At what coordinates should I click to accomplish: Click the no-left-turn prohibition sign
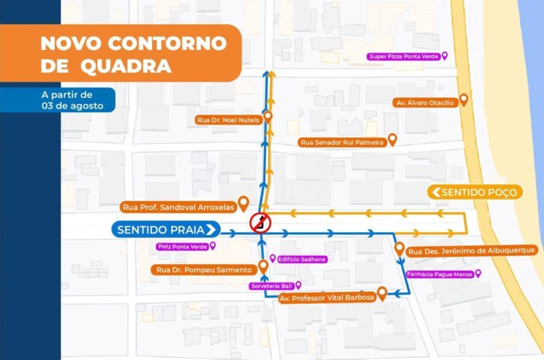pyautogui.click(x=260, y=223)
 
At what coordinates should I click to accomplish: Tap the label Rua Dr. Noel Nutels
pyautogui.click(x=228, y=120)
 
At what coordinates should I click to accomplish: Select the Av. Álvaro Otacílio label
pyautogui.click(x=424, y=102)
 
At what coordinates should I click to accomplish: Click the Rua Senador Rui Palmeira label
pyautogui.click(x=342, y=142)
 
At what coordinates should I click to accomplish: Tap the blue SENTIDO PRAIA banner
pyautogui.click(x=166, y=229)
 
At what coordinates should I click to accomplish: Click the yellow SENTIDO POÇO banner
pyautogui.click(x=474, y=192)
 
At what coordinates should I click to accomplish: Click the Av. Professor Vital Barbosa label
pyautogui.click(x=326, y=298)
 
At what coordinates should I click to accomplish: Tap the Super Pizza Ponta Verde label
pyautogui.click(x=404, y=57)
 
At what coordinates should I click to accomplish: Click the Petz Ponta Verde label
pyautogui.click(x=182, y=246)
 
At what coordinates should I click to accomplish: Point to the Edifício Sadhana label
pyautogui.click(x=302, y=259)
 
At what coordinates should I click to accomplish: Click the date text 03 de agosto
pyautogui.click(x=72, y=106)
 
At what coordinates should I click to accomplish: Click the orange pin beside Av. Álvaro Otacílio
pyautogui.click(x=463, y=99)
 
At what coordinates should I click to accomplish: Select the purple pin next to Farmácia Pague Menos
pyautogui.click(x=478, y=273)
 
